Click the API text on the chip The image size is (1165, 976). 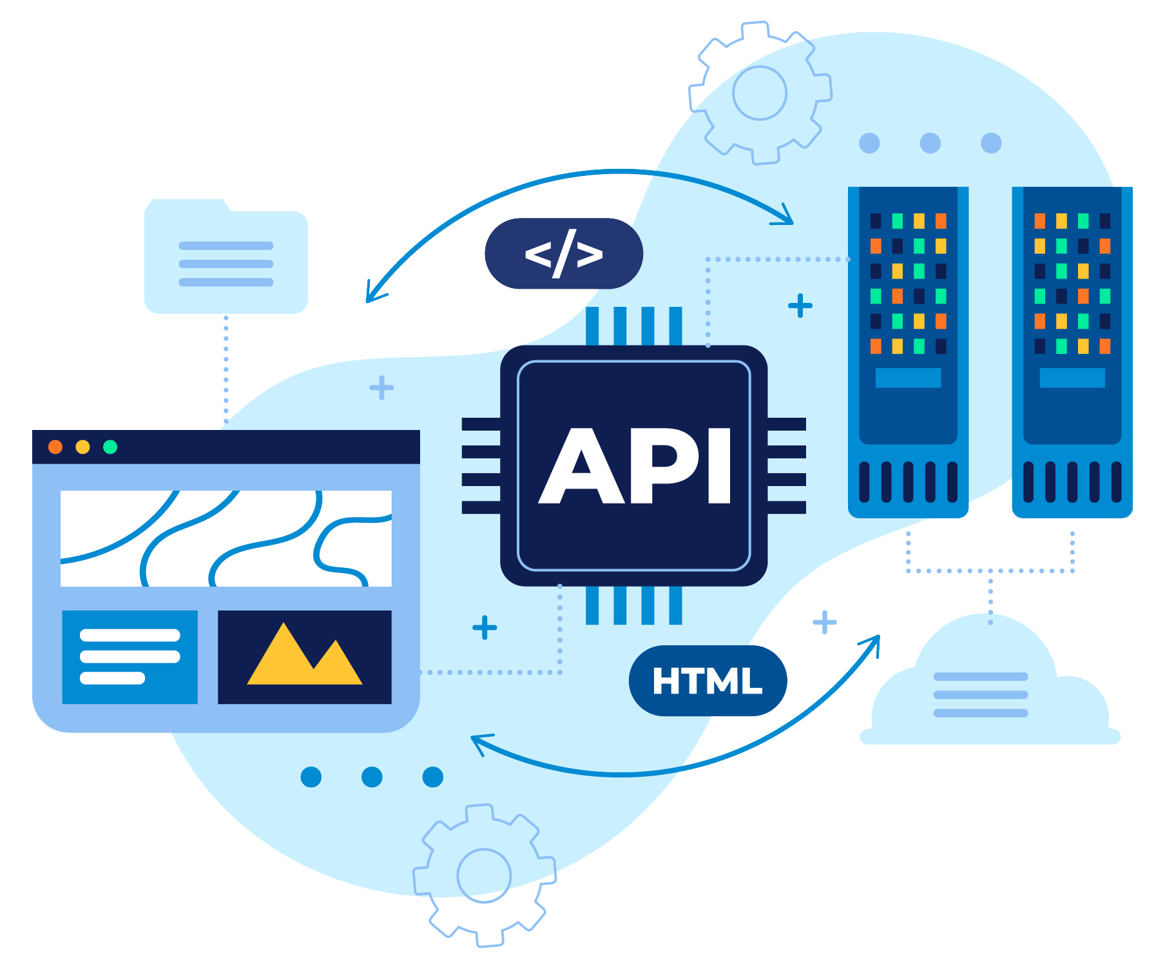(635, 465)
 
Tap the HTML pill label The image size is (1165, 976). (708, 681)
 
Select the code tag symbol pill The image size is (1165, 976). (564, 253)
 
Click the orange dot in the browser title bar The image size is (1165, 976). (55, 447)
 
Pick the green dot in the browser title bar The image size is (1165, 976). (110, 447)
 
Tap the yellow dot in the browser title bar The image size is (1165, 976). (82, 447)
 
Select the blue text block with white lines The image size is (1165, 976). (130, 657)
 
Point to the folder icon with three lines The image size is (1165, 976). (226, 257)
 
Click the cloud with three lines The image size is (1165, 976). (990, 680)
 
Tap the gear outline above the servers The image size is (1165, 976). (760, 93)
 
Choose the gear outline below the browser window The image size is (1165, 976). (484, 875)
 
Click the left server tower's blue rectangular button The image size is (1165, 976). (908, 378)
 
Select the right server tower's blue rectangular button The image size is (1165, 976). (1072, 378)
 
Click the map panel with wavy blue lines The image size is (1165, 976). (226, 538)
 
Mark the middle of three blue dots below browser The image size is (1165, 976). (372, 777)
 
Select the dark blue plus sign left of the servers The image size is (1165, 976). (800, 306)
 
